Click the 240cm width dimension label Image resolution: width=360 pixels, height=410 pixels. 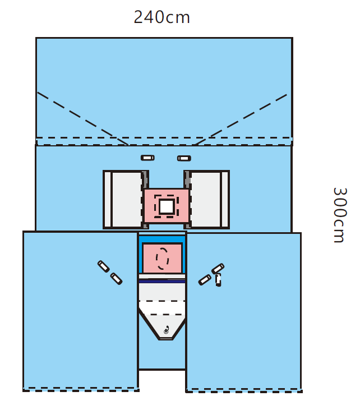coord(161,17)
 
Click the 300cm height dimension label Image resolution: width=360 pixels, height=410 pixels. coord(340,215)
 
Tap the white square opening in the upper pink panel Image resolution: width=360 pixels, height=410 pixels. coord(167,206)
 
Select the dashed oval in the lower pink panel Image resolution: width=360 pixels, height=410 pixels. coord(162,259)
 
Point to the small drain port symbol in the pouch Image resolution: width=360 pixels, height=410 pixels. coord(167,330)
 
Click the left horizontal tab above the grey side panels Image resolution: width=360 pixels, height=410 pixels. coord(147,158)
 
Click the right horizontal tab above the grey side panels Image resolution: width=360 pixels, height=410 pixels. coord(184,158)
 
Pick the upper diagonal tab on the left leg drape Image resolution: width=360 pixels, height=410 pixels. coord(104,266)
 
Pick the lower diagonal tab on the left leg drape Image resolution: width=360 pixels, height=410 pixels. coord(116,279)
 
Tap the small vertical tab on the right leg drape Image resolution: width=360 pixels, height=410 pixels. coord(218,280)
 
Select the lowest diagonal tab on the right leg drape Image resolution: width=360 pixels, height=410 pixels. coord(205,280)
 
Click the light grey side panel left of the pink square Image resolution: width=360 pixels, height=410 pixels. coord(123,200)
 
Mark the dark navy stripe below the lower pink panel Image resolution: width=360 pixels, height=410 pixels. coord(162,281)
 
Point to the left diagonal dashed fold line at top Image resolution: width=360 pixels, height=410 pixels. coord(83,118)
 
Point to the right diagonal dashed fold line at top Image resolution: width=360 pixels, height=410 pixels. coord(241,119)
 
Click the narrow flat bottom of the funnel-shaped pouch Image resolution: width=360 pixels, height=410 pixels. coord(166,339)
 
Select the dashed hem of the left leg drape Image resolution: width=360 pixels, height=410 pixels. coord(81,389)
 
